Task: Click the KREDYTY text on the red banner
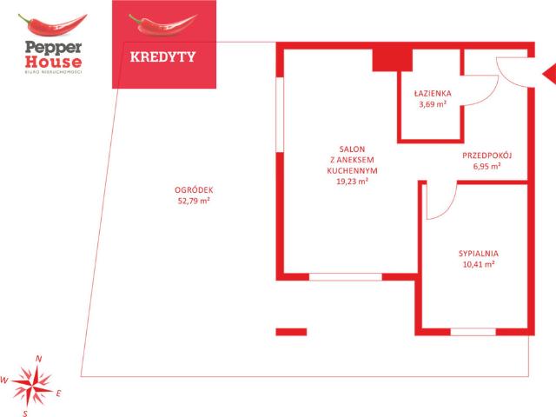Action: (162, 56)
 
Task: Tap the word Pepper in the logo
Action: (53, 48)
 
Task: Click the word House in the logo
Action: (53, 62)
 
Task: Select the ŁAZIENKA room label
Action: (433, 94)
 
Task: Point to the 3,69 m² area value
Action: (433, 104)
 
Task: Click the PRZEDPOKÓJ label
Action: (487, 155)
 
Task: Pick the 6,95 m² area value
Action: (486, 166)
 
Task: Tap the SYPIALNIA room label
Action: (479, 254)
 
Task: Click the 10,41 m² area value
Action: (479, 264)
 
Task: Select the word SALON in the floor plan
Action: (352, 149)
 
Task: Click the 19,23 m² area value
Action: (352, 182)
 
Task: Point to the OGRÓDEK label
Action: (194, 190)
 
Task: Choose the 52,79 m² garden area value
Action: (194, 201)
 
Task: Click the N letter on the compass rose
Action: (38, 359)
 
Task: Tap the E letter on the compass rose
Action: (58, 394)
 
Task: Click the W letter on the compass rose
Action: (3, 381)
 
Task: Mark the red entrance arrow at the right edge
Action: (550, 74)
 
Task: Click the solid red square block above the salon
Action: (392, 60)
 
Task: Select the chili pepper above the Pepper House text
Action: (52, 25)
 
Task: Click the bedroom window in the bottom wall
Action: (473, 332)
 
